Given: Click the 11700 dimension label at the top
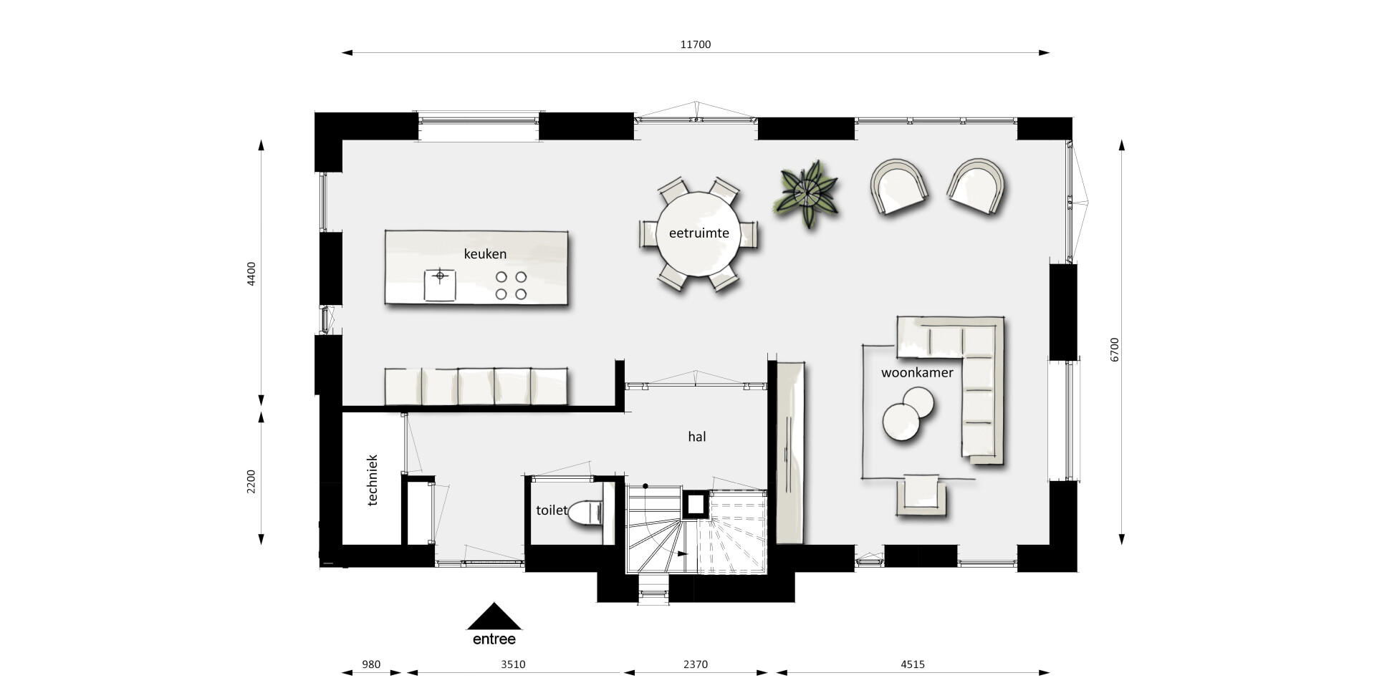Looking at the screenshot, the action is [x=695, y=44].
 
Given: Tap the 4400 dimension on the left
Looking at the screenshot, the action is [x=251, y=274].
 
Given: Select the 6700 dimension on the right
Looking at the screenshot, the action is [x=1114, y=350].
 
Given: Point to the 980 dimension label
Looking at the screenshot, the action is [x=371, y=664].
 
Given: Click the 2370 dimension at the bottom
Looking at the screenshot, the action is [x=695, y=664].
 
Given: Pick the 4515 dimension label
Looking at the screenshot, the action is [x=913, y=664].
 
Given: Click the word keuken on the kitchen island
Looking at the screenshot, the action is [x=485, y=254].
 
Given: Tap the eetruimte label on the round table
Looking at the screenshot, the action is [x=698, y=233].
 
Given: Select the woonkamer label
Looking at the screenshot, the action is [x=917, y=373].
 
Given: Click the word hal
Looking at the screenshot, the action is [x=696, y=437].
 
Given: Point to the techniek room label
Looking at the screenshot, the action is [x=372, y=480].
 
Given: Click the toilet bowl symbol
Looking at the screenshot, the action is [x=587, y=513].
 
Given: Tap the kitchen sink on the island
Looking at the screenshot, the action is [x=440, y=285].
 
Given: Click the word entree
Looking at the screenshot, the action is [x=494, y=639].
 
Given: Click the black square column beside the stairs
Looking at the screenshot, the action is [x=695, y=505].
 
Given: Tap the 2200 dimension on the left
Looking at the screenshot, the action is [x=251, y=480].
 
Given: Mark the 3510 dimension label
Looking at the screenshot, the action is [x=513, y=664].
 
